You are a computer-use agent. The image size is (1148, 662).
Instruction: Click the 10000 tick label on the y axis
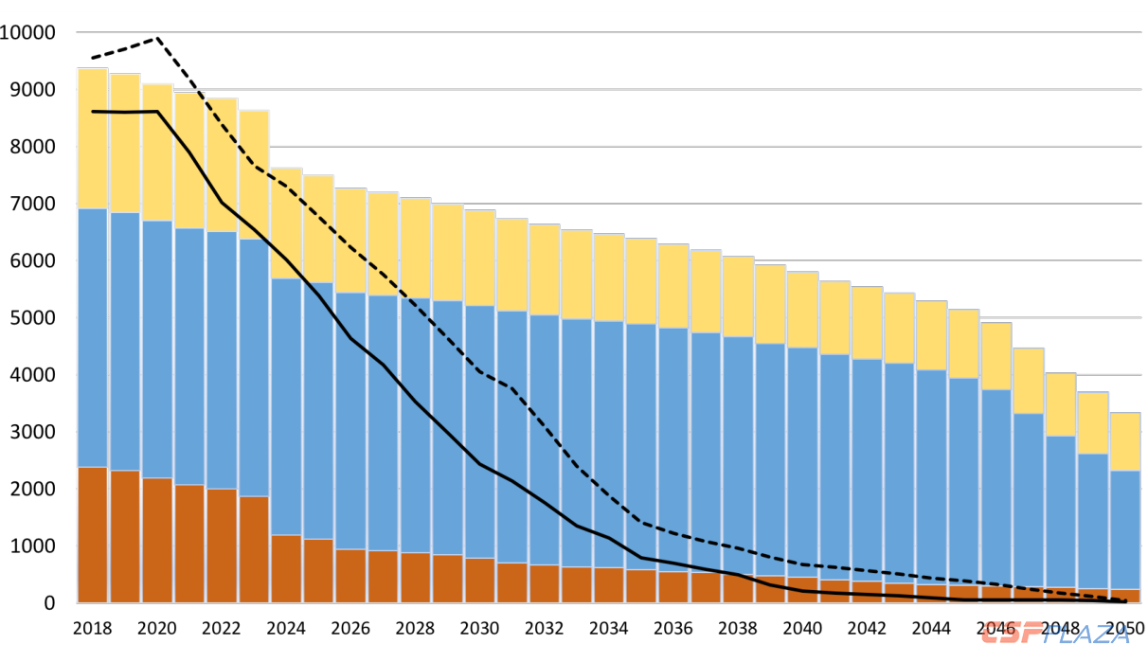pos(28,33)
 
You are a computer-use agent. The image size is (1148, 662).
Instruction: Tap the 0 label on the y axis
pos(48,603)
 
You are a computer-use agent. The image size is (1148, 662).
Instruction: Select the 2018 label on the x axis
pos(92,628)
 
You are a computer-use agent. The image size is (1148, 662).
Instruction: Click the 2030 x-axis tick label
pos(479,628)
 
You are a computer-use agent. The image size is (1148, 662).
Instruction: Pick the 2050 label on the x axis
pos(1124,628)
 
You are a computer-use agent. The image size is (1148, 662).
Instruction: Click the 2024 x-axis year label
pos(286,628)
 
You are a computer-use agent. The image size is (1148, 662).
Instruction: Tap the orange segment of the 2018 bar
pos(92,535)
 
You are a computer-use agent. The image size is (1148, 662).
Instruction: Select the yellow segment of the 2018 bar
pos(92,138)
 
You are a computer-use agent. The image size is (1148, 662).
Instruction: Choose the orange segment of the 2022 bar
pos(222,546)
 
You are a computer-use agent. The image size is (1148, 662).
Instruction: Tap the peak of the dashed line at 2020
pos(157,38)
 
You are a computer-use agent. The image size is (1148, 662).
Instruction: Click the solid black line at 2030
pos(479,464)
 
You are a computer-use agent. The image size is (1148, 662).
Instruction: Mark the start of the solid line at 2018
pos(92,112)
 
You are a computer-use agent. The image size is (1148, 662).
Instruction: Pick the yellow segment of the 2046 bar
pos(996,356)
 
